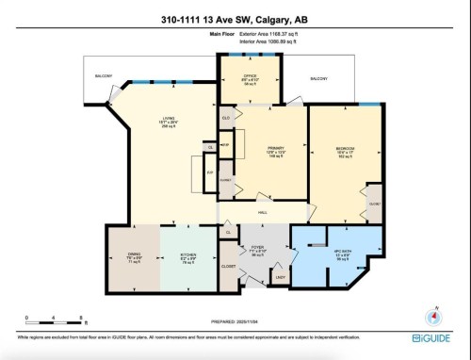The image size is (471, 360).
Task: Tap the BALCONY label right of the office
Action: pos(320,77)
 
